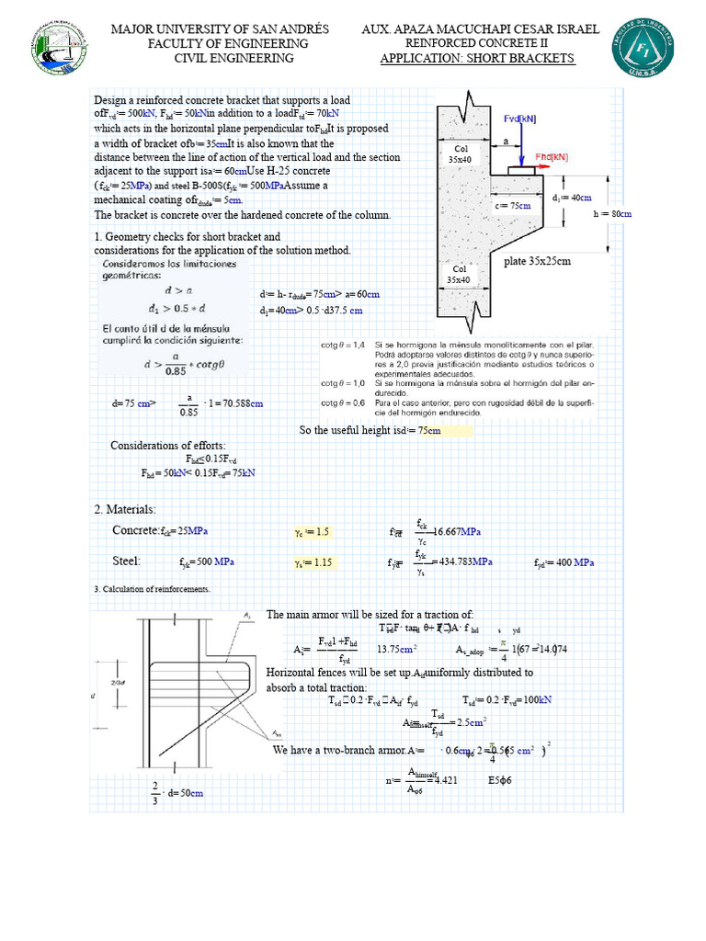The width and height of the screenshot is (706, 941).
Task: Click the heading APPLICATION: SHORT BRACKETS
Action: point(477,59)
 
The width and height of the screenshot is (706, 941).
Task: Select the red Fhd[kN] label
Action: point(552,157)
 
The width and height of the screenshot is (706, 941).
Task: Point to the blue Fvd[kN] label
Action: point(519,119)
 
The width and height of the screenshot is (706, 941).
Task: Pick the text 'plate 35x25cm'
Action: point(538,261)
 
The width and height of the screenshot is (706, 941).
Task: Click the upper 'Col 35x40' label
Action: point(461,153)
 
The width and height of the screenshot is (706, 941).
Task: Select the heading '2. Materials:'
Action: point(125,509)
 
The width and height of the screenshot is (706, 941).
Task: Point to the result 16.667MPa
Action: point(457,532)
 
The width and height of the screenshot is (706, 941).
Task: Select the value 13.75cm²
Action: point(397,649)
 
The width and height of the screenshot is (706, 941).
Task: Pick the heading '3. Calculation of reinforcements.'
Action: point(152,589)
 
